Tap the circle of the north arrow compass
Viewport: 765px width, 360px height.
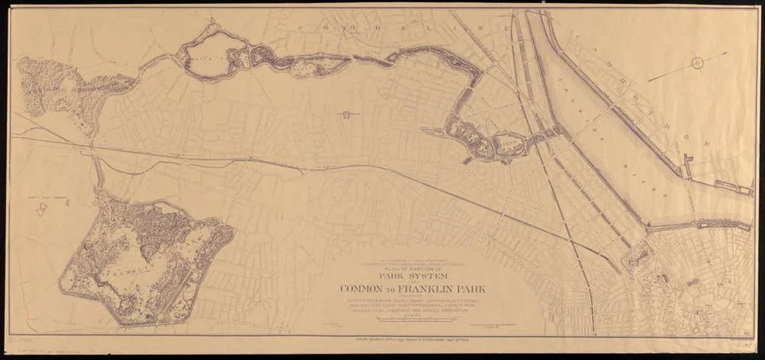point(698,63)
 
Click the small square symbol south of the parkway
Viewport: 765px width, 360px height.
point(347,115)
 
